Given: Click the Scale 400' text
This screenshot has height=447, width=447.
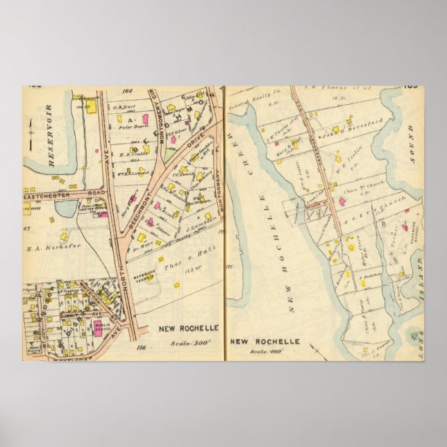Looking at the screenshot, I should coord(264,352).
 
